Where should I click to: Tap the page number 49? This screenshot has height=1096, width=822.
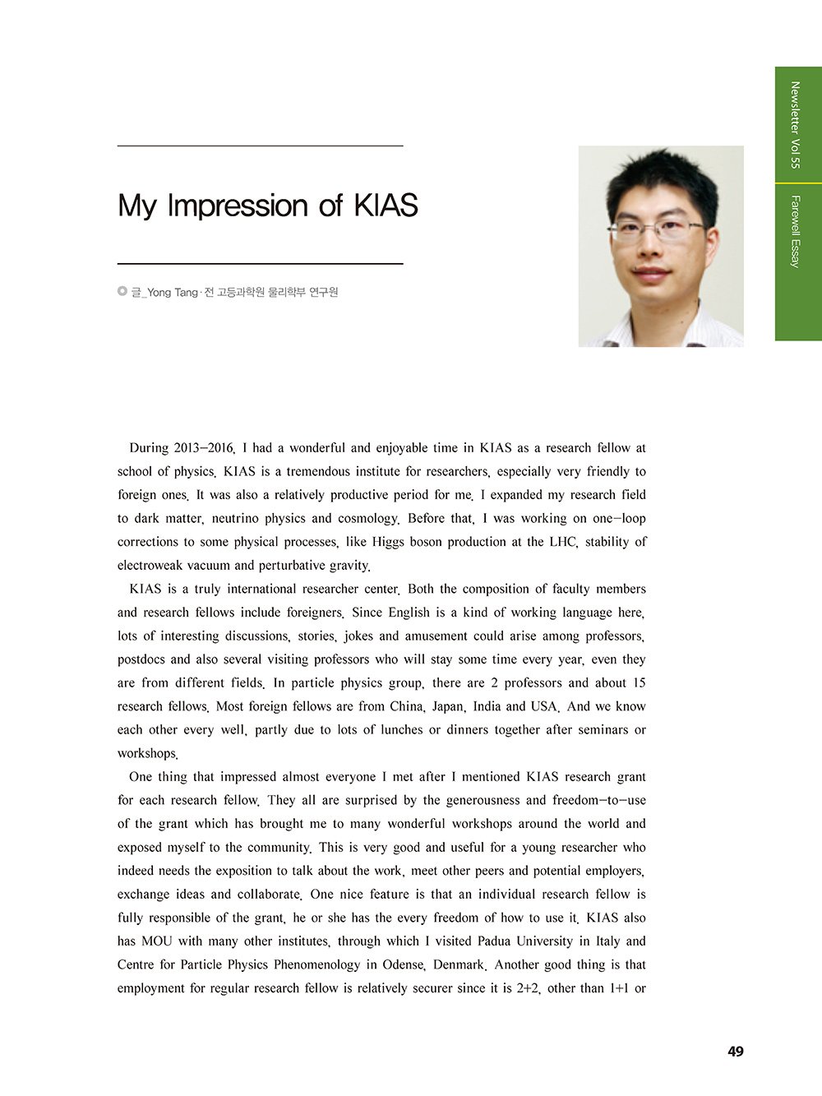pyautogui.click(x=736, y=1052)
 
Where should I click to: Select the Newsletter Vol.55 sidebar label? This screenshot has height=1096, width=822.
pyautogui.click(x=794, y=125)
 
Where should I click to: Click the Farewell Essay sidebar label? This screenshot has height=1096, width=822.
pyautogui.click(x=794, y=231)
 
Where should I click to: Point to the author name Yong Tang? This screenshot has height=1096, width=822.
pyautogui.click(x=173, y=293)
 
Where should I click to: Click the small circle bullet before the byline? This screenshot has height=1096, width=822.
pyautogui.click(x=122, y=291)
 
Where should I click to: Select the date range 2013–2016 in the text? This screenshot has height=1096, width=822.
pyautogui.click(x=204, y=448)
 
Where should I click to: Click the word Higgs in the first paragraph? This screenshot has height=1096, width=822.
pyautogui.click(x=387, y=542)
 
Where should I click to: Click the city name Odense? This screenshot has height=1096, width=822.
pyautogui.click(x=403, y=964)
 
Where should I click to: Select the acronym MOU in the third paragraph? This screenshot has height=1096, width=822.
pyautogui.click(x=157, y=941)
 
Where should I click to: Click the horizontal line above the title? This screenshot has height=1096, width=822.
pyautogui.click(x=260, y=146)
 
